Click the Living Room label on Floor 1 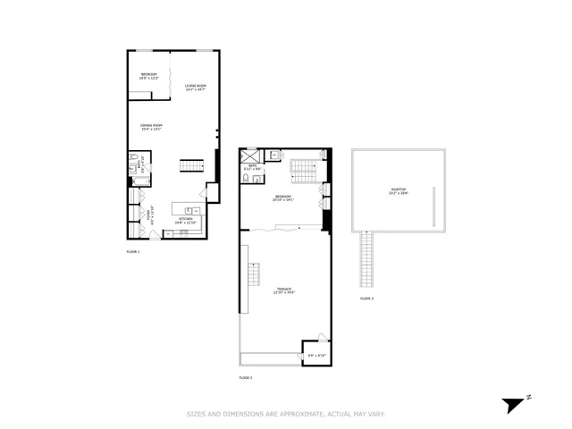coord(195,88)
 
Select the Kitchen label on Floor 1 coord(186,220)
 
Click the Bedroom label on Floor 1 coord(148,76)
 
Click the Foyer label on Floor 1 coord(153,215)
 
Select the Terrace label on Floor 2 coord(284,290)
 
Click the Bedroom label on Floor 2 coord(283,198)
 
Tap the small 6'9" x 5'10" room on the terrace coord(315,354)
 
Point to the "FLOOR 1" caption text coord(133,252)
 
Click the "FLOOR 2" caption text coord(246,379)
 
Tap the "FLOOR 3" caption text coord(366,298)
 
